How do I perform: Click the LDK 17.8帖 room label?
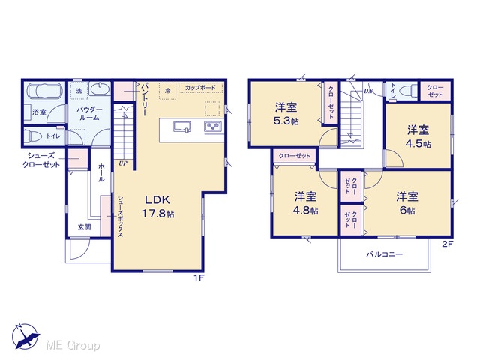tap(158, 207)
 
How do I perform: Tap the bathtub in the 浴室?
tap(44, 91)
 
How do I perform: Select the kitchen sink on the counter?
tap(182, 127)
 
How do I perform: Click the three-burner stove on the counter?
tap(213, 127)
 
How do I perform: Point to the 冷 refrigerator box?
tap(167, 91)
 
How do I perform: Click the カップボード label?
tap(200, 88)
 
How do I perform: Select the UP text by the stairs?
tap(123, 163)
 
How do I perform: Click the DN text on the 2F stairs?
tap(368, 91)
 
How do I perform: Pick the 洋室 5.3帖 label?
tap(286, 114)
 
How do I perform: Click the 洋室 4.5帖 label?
tap(418, 136)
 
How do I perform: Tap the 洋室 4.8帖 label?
tap(305, 203)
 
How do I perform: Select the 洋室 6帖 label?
tap(407, 203)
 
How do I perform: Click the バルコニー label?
tap(385, 254)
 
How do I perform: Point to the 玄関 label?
tap(84, 227)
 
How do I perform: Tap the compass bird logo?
tap(25, 336)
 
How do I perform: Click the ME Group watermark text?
tap(73, 345)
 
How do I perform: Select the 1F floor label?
tap(199, 278)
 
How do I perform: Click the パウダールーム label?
tap(89, 113)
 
